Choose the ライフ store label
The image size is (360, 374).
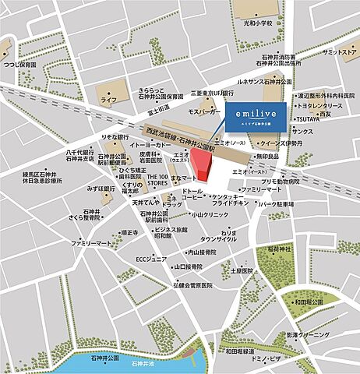click(x=109, y=101)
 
